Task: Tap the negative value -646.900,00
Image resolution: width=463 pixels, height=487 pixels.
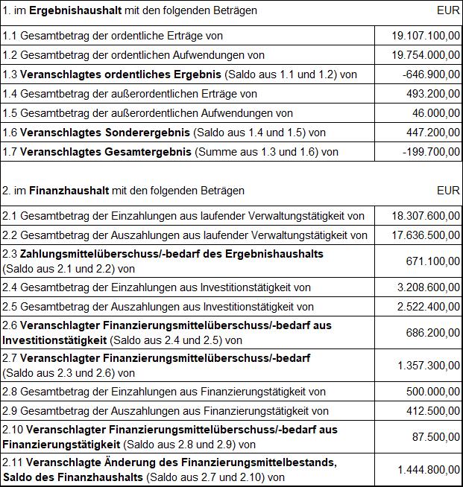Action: (x=429, y=74)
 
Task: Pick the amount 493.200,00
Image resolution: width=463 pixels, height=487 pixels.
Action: (x=431, y=94)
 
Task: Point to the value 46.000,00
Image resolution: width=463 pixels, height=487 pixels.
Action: (x=434, y=113)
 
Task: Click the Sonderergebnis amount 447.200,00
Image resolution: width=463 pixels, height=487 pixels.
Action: (x=431, y=133)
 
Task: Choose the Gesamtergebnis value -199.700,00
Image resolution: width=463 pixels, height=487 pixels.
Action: (x=429, y=152)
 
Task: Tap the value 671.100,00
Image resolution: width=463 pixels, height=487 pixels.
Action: (x=431, y=261)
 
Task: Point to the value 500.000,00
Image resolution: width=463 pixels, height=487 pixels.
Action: (x=431, y=392)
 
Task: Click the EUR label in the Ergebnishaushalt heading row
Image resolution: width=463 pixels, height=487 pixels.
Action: (x=449, y=11)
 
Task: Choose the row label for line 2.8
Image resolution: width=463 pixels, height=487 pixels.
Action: (x=164, y=392)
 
